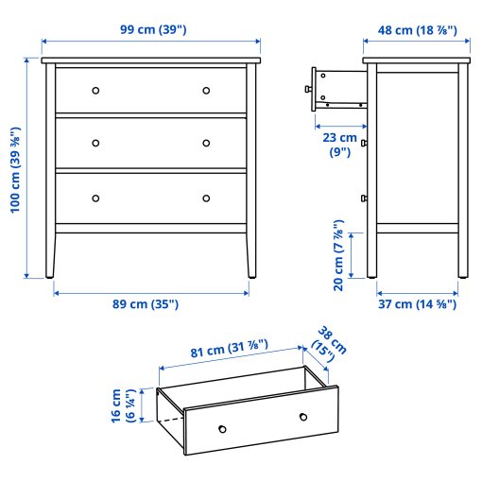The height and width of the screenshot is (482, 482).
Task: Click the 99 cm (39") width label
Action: click(x=151, y=29)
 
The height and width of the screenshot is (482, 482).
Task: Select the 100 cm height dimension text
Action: click(x=16, y=171)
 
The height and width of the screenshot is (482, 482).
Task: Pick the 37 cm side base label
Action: click(x=416, y=304)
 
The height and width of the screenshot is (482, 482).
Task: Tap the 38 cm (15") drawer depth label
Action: click(x=331, y=342)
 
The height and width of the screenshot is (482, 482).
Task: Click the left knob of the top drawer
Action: click(x=95, y=91)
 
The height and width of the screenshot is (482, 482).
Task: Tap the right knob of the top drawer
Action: click(x=206, y=91)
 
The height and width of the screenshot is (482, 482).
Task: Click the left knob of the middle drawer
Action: click(x=95, y=144)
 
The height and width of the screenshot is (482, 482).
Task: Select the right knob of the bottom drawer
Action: click(x=206, y=198)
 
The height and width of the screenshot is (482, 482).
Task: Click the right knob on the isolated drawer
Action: click(x=302, y=417)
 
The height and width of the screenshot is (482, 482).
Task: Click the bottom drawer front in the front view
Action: click(x=151, y=198)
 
